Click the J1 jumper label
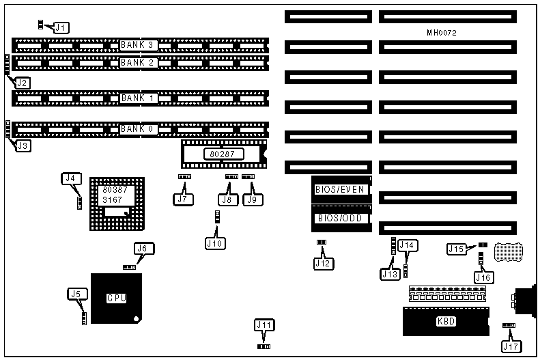pos(61,28)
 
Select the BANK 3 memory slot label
pos(139,45)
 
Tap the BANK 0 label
pos(139,128)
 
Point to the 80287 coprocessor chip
pos(223,155)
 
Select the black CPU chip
pos(117,298)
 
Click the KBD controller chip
pos(446,321)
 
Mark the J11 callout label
pos(264,325)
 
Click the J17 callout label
pos(511,346)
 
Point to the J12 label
pos(322,262)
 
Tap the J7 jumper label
pos(182,199)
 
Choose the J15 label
pos(457,249)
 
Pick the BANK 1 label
pos(139,98)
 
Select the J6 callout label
pos(141,249)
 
